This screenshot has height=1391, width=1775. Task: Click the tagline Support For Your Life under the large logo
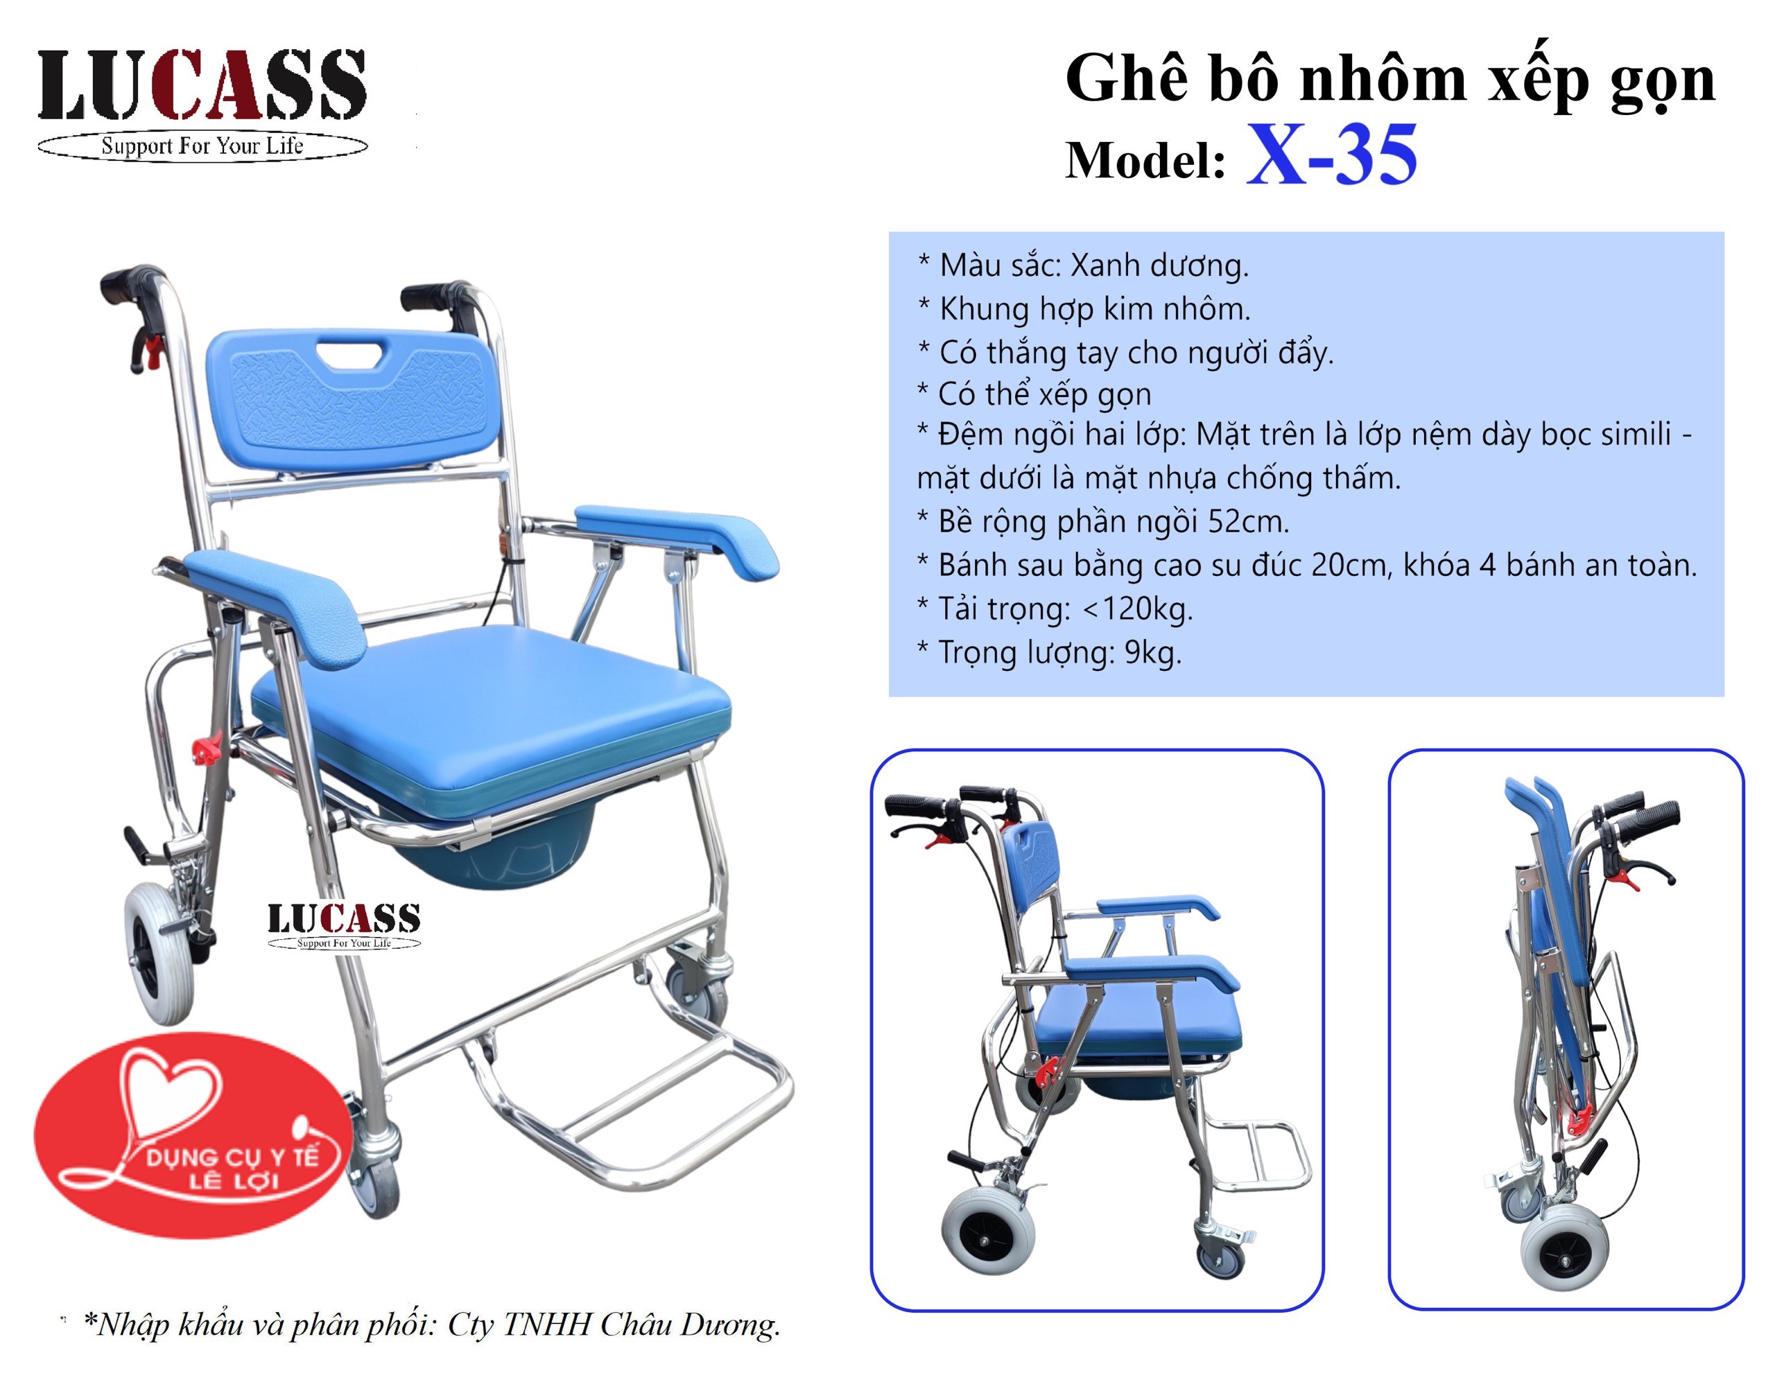coord(202,147)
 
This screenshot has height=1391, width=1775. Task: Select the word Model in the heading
coord(1145,159)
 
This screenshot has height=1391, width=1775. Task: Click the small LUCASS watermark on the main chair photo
coord(344,925)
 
